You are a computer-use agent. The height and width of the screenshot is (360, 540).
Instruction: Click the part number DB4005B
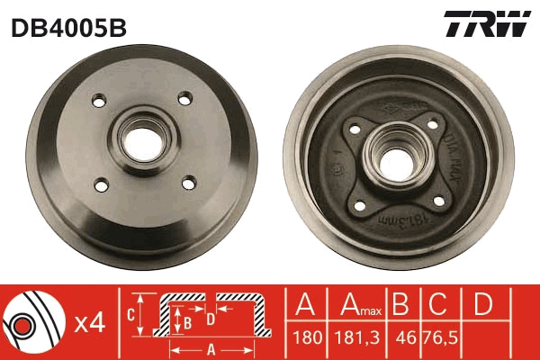[68, 28]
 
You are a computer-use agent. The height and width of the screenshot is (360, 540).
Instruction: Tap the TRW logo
[485, 25]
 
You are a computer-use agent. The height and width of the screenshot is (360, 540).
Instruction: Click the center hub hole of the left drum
[141, 139]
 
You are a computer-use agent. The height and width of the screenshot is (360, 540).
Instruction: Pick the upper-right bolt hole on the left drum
[184, 98]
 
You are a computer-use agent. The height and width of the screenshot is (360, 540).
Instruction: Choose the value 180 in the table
[305, 340]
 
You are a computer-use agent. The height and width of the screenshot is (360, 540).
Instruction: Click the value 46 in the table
[406, 340]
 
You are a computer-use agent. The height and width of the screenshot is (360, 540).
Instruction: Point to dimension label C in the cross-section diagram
[130, 316]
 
